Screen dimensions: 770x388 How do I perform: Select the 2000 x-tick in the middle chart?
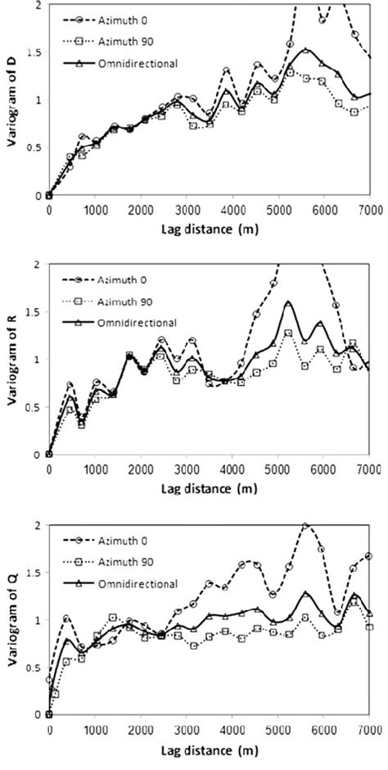pyautogui.click(x=141, y=469)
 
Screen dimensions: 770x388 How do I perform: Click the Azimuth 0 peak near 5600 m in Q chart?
pyautogui.click(x=305, y=526)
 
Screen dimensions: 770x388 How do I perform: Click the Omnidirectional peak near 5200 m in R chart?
pyautogui.click(x=288, y=303)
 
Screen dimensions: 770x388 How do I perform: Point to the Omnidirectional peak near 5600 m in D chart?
pyautogui.click(x=305, y=50)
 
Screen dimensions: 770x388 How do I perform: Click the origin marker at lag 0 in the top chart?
pyautogui.click(x=49, y=195)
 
